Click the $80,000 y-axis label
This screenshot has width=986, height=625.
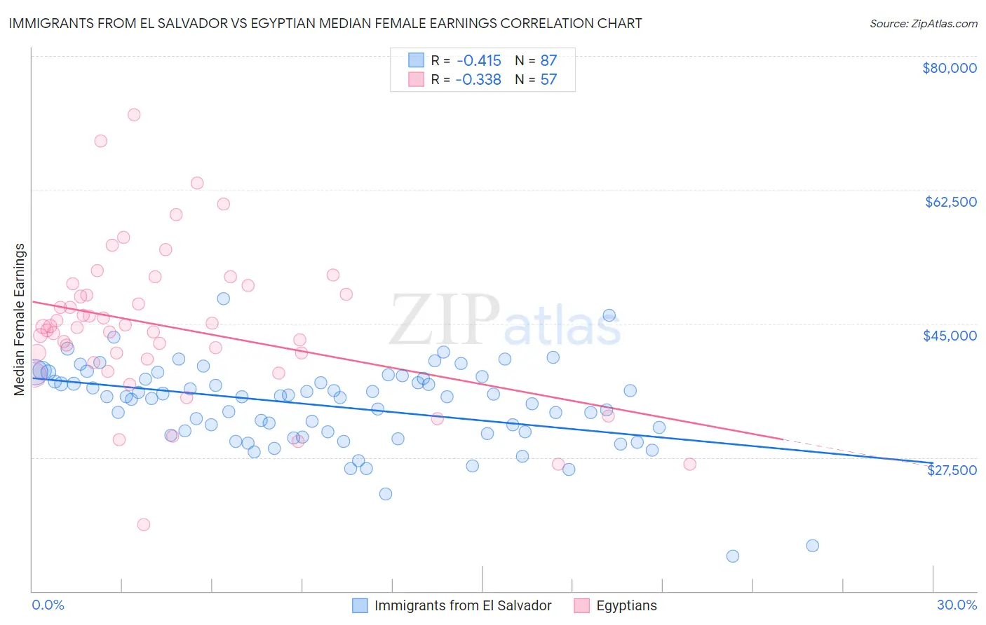949,68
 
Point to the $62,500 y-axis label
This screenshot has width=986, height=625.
950,202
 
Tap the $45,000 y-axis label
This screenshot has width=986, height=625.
950,336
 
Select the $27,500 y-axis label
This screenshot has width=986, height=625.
952,470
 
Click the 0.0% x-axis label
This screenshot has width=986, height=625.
48,605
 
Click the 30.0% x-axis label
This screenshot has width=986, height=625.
957,605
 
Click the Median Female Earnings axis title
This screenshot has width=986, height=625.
20,320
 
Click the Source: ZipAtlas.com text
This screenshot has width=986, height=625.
923,23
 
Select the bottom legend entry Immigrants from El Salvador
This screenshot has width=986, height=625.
463,605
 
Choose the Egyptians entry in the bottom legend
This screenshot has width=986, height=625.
626,605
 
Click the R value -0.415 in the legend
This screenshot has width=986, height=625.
478,60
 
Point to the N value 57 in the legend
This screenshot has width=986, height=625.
548,79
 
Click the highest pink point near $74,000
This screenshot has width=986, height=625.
134,114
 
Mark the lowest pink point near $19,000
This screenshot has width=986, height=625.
144,524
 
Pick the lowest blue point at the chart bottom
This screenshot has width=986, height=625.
733,556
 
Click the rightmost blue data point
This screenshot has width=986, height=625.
812,545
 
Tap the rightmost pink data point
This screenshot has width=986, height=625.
689,464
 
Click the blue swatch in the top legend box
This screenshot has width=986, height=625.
417,60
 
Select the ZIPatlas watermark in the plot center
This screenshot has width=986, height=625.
505,321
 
